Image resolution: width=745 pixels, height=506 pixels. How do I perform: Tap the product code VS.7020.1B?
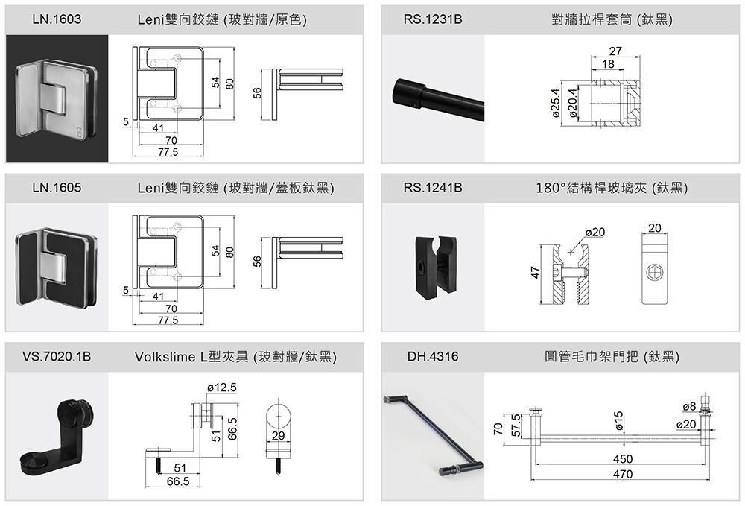pyautogui.click(x=57, y=358)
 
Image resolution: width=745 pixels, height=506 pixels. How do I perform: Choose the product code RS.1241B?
pyautogui.click(x=433, y=189)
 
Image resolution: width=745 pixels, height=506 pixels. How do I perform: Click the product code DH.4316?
pyautogui.click(x=433, y=358)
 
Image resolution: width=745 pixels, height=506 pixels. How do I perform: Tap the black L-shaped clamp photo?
pyautogui.click(x=57, y=436)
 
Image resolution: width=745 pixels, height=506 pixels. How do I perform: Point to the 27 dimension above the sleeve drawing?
pyautogui.click(x=615, y=51)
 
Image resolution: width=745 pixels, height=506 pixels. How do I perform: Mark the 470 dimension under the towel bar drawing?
pyautogui.click(x=622, y=474)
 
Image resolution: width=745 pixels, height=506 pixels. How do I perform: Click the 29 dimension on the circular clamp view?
pyautogui.click(x=279, y=434)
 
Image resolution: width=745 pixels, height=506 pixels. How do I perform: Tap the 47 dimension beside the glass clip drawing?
pyautogui.click(x=535, y=273)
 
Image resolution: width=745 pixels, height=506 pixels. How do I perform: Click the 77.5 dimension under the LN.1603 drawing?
pyautogui.click(x=168, y=152)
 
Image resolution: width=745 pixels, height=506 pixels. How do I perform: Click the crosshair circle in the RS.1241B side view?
pyautogui.click(x=655, y=273)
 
